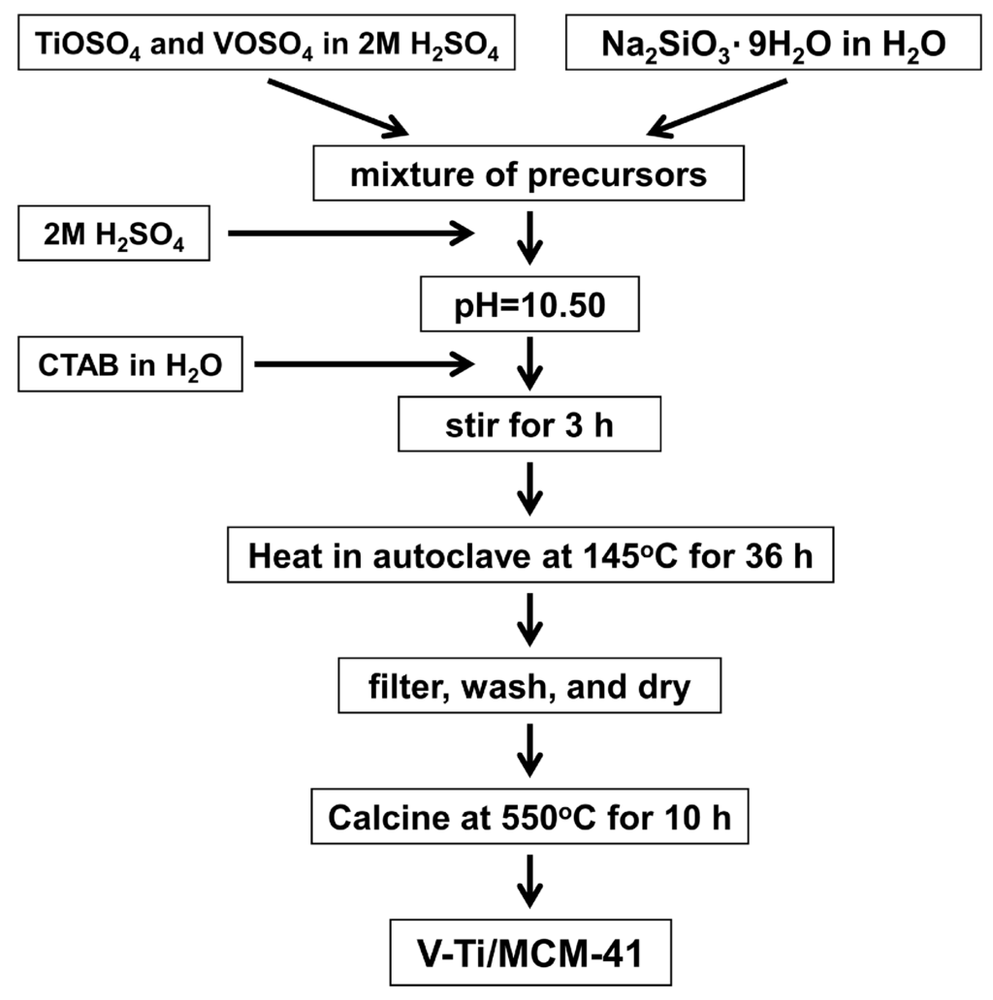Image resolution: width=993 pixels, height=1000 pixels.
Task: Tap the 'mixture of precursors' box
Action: (528, 176)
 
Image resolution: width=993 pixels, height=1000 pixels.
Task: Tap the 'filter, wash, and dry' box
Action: (528, 687)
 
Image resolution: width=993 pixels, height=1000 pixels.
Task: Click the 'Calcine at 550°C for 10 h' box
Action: (528, 818)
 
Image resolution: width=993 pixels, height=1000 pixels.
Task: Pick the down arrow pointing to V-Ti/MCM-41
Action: (529, 883)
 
